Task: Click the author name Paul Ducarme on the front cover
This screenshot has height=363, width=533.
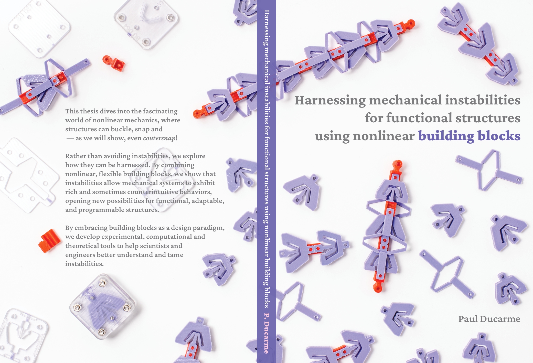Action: [x=489, y=319]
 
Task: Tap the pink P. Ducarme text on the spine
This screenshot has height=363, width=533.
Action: [x=266, y=333]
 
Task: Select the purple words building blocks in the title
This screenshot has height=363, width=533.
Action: [x=469, y=136]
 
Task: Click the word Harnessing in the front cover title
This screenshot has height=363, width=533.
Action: [x=330, y=101]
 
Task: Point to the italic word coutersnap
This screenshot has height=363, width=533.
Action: [x=159, y=138]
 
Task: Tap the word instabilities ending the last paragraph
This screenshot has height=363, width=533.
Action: [x=84, y=264]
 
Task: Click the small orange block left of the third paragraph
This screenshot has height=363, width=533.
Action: [x=49, y=241]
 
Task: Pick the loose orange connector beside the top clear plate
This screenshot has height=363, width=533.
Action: [x=114, y=63]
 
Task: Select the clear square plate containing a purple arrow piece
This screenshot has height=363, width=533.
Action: [x=103, y=307]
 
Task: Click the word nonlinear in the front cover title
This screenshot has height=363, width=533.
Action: [x=383, y=136]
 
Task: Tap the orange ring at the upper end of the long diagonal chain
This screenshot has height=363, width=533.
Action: [x=410, y=24]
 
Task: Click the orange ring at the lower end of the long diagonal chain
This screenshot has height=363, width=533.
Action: [x=197, y=113]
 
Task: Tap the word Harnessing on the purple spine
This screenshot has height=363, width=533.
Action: [x=266, y=28]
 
